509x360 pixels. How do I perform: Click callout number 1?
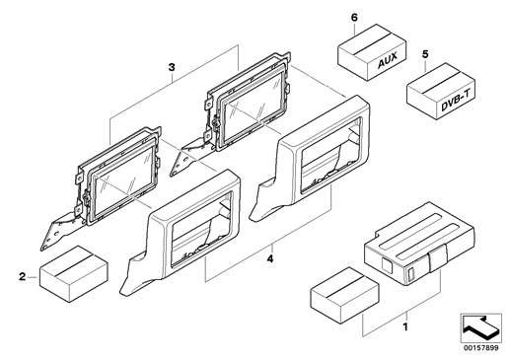click(405, 327)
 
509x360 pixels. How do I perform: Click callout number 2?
click(22, 277)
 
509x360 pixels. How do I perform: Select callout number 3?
click(172, 68)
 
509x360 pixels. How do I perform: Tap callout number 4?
click(270, 259)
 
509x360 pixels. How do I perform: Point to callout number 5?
click(425, 54)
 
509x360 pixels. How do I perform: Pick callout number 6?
click(354, 18)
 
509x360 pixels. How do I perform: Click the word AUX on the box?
click(387, 60)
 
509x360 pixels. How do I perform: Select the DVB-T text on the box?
click(454, 101)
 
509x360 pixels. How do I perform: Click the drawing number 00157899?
click(481, 348)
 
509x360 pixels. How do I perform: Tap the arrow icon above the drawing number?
click(480, 328)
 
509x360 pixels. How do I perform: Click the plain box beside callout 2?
click(74, 274)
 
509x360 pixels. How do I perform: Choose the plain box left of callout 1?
click(344, 295)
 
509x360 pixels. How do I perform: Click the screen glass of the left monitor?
click(124, 185)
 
